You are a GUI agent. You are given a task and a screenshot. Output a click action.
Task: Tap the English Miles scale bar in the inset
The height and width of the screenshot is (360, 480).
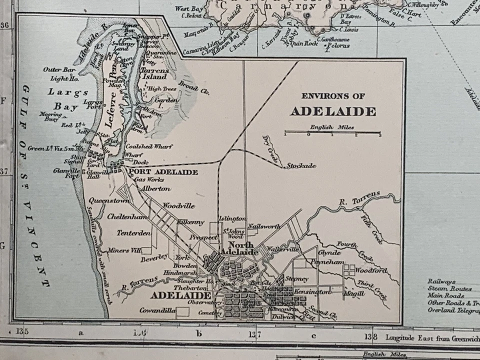pos(332,133)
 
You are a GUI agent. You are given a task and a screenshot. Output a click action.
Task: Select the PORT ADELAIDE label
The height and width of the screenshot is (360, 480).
pos(163,172)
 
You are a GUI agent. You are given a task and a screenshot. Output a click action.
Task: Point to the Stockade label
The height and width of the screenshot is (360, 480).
pos(300,166)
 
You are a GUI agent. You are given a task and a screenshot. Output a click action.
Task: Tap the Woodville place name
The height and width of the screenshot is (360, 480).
pos(178,206)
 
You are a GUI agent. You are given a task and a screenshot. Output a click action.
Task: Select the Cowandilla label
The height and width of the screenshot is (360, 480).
pos(158,311)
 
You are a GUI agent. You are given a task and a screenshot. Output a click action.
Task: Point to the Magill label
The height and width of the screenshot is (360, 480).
pos(353,293)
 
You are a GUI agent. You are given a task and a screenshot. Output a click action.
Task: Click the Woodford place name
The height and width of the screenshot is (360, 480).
pos(371,270)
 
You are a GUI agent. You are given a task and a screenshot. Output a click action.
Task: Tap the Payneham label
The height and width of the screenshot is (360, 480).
pos(327,261)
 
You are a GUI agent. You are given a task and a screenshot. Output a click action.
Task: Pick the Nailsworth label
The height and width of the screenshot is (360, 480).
pos(263,226)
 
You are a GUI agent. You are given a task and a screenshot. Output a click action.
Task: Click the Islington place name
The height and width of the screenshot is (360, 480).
pos(232,219)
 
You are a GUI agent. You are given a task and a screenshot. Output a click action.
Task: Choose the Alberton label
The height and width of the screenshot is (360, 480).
pos(155,189)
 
